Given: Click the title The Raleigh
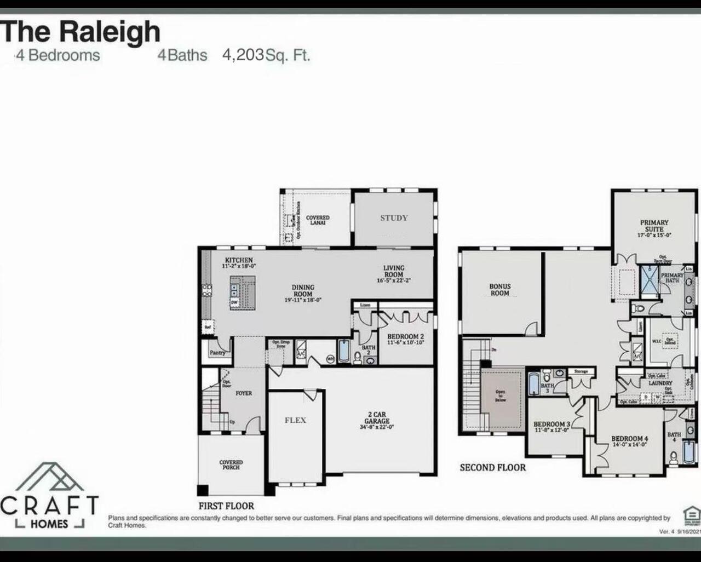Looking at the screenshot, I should [81, 31].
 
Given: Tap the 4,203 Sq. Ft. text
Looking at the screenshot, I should [266, 55].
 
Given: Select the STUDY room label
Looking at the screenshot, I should [394, 218].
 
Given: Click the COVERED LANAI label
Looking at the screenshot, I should [318, 220].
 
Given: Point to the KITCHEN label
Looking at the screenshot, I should [239, 260].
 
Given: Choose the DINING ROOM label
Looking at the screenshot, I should [303, 290].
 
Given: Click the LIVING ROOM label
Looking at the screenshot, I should [393, 271].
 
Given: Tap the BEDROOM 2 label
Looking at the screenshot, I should [405, 337].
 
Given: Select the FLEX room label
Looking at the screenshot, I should [295, 421].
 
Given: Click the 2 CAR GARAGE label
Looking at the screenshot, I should [376, 418].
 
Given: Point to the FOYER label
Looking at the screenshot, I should [244, 393].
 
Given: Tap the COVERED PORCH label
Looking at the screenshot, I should [231, 464].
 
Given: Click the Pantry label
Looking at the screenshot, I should [217, 353].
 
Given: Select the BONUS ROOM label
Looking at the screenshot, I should [499, 290].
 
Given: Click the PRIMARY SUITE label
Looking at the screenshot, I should [654, 226].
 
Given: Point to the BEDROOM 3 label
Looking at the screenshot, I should [551, 425].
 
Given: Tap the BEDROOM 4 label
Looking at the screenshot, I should [630, 439].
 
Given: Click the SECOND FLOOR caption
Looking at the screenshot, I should [492, 468].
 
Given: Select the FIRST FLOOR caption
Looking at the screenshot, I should [226, 506].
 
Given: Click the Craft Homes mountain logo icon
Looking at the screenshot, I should [50, 477].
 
